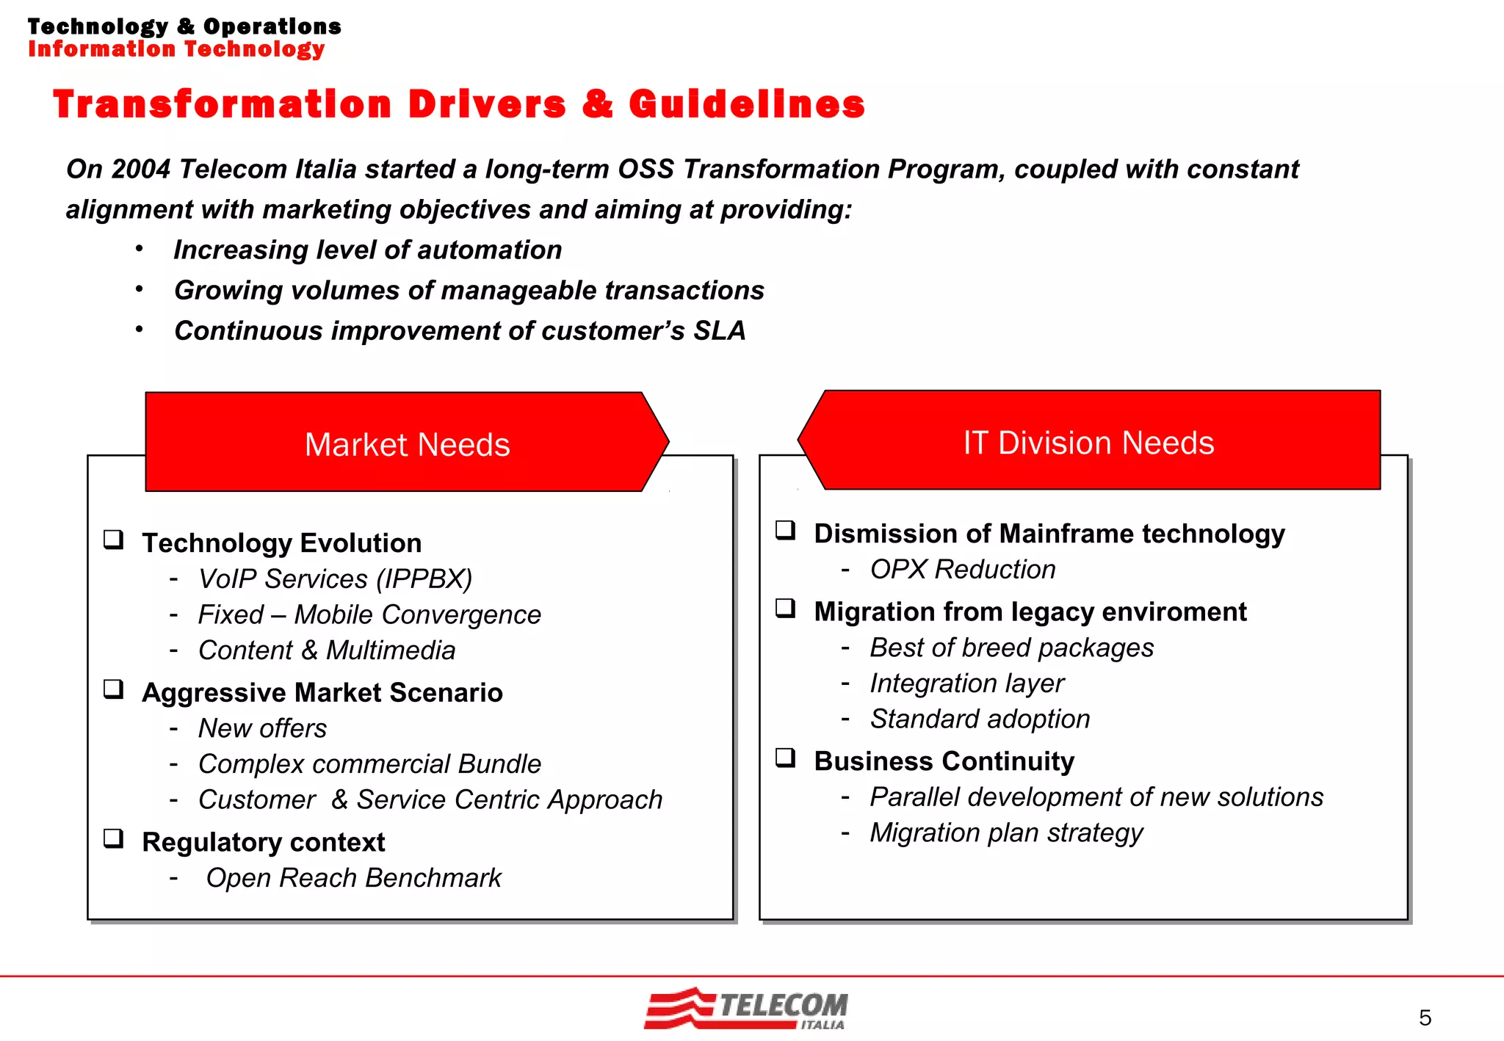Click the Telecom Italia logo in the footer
[x=745, y=1009]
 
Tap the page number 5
[x=1425, y=1018]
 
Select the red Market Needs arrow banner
[x=407, y=443]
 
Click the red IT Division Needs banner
[x=1088, y=442]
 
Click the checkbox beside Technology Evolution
[x=113, y=540]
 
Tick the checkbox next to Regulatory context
[x=113, y=838]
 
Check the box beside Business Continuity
[x=785, y=758]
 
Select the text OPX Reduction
[x=962, y=570]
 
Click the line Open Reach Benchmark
[x=353, y=878]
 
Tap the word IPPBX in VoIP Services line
[x=424, y=579]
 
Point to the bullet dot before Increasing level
[x=139, y=249]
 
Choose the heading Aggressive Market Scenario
[x=322, y=692]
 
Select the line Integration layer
[x=966, y=683]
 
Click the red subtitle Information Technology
[x=176, y=49]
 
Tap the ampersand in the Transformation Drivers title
[x=597, y=104]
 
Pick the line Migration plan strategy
[x=1006, y=833]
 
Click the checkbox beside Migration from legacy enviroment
[x=785, y=609]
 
